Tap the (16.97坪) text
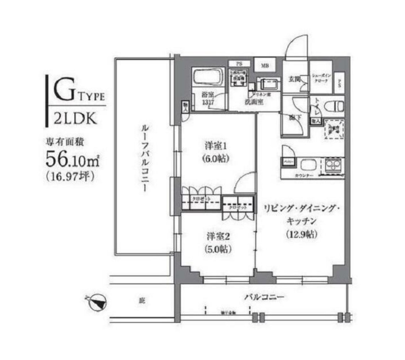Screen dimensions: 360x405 [x=70, y=176]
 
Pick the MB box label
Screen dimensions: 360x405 [x=265, y=65]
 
